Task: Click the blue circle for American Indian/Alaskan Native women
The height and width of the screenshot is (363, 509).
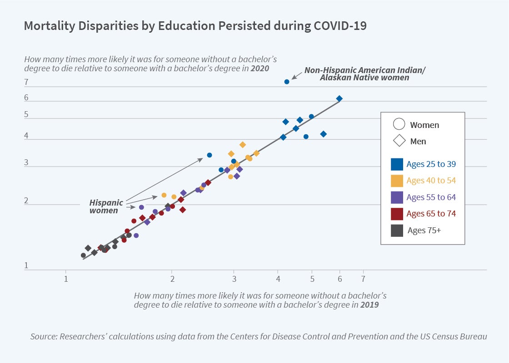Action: [x=287, y=82]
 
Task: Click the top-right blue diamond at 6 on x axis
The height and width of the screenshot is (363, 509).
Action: [x=339, y=98]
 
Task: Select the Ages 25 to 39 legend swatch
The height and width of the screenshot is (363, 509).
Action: [x=397, y=164]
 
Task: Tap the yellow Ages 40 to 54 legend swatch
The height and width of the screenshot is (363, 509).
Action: [x=397, y=181]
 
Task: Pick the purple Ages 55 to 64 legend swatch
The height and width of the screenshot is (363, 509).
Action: [x=397, y=197]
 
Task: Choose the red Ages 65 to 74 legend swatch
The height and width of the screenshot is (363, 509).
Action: [x=397, y=214]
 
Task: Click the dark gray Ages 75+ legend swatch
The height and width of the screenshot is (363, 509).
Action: [x=397, y=230]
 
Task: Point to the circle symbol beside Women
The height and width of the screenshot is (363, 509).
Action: [x=399, y=124]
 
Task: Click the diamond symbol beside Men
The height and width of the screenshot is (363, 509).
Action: [x=399, y=141]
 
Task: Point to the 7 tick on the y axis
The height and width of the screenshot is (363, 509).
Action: [x=26, y=83]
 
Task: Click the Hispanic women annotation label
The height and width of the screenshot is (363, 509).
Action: [x=105, y=206]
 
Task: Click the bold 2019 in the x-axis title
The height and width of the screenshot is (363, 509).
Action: [x=369, y=305]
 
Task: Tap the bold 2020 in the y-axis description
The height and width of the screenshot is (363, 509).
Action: [x=260, y=69]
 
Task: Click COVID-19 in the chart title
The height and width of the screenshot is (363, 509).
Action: [x=340, y=26]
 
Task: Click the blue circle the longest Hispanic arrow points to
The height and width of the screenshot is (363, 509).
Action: [x=210, y=155]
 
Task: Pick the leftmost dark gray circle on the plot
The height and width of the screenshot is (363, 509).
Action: [x=83, y=255]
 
